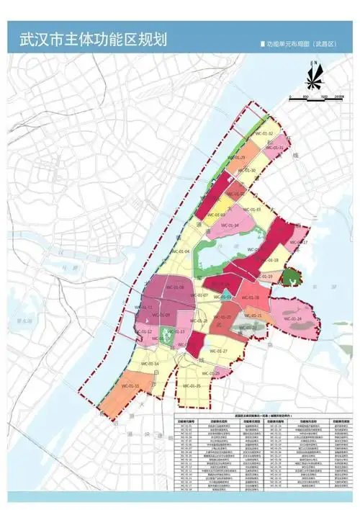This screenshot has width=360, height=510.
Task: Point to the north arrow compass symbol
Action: (315, 74)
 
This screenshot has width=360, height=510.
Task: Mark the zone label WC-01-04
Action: (181, 251)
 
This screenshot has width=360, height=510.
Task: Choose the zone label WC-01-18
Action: (271, 260)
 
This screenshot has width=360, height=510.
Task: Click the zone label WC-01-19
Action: (265, 277)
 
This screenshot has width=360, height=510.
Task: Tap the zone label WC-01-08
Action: (176, 287)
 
